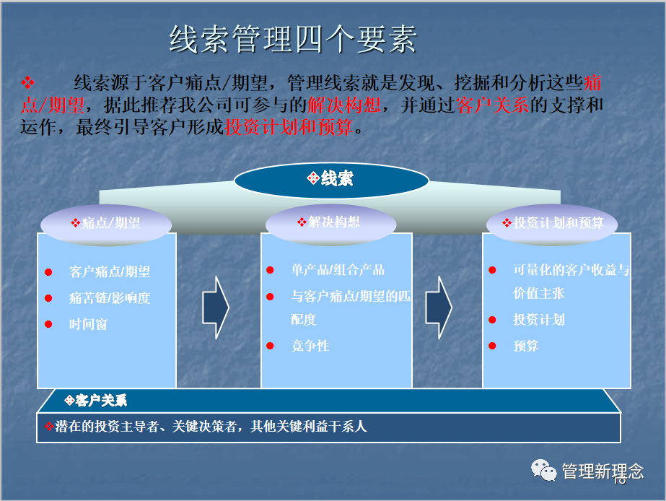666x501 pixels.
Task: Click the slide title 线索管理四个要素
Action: [292, 40]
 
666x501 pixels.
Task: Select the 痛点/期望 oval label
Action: [105, 223]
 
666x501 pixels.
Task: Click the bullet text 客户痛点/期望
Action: [110, 272]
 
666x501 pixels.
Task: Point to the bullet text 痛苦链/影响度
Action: [110, 298]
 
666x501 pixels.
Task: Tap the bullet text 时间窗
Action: [88, 324]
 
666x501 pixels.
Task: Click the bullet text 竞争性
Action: [310, 346]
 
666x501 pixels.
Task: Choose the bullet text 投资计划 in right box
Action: [538, 320]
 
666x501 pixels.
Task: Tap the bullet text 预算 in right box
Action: [526, 346]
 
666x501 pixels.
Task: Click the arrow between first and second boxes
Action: [215, 307]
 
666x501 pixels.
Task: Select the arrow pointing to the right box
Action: [438, 307]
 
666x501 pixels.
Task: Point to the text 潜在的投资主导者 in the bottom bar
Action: [112, 427]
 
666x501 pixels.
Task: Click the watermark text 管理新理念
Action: [602, 471]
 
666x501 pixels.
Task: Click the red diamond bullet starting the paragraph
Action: [28, 81]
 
